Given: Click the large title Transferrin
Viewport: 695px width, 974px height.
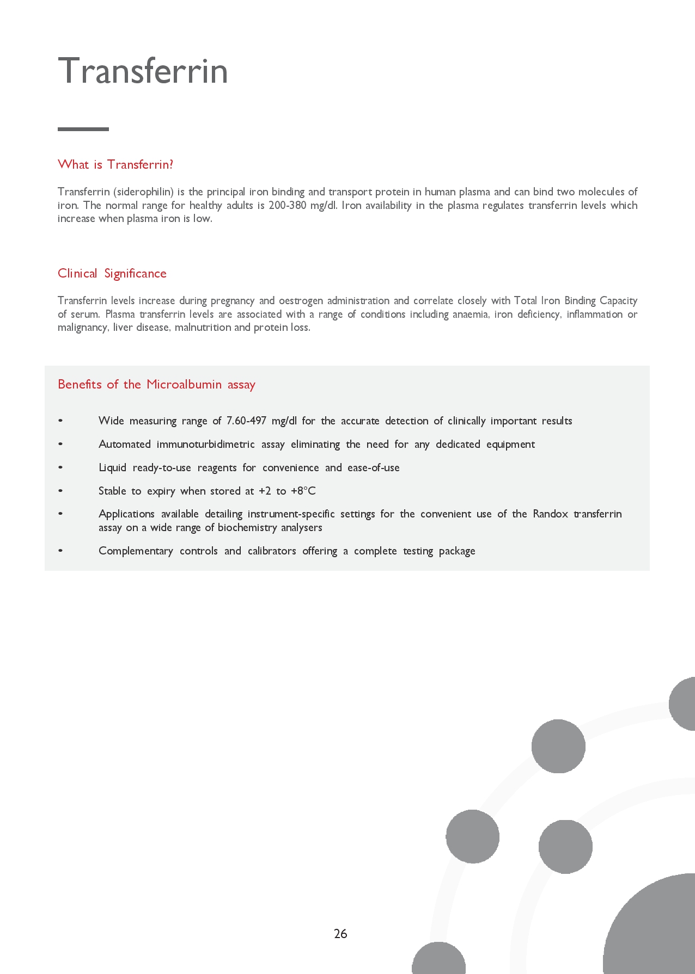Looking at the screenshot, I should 143,71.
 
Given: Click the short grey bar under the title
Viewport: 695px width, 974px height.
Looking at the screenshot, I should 83,129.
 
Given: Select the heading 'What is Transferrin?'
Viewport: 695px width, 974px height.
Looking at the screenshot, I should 115,164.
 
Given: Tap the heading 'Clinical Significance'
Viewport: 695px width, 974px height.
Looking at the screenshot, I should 112,273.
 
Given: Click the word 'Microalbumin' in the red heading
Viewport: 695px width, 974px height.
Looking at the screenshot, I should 184,384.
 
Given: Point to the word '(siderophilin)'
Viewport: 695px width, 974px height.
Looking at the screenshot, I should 143,192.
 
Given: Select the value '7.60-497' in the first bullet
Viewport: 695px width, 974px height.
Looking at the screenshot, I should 246,421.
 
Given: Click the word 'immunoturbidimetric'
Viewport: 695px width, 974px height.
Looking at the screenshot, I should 205,444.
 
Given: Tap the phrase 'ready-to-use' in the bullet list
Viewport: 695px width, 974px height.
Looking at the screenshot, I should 162,467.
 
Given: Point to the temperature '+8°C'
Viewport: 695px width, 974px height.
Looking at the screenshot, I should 303,491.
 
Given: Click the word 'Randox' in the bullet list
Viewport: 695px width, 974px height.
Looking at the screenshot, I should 550,514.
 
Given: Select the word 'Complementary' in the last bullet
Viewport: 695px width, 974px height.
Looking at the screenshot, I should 136,551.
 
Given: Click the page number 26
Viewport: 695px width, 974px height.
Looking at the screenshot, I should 340,934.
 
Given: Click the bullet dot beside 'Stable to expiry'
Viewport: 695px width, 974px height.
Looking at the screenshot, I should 60,491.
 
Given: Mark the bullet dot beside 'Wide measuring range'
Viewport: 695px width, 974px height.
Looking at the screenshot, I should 60,421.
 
